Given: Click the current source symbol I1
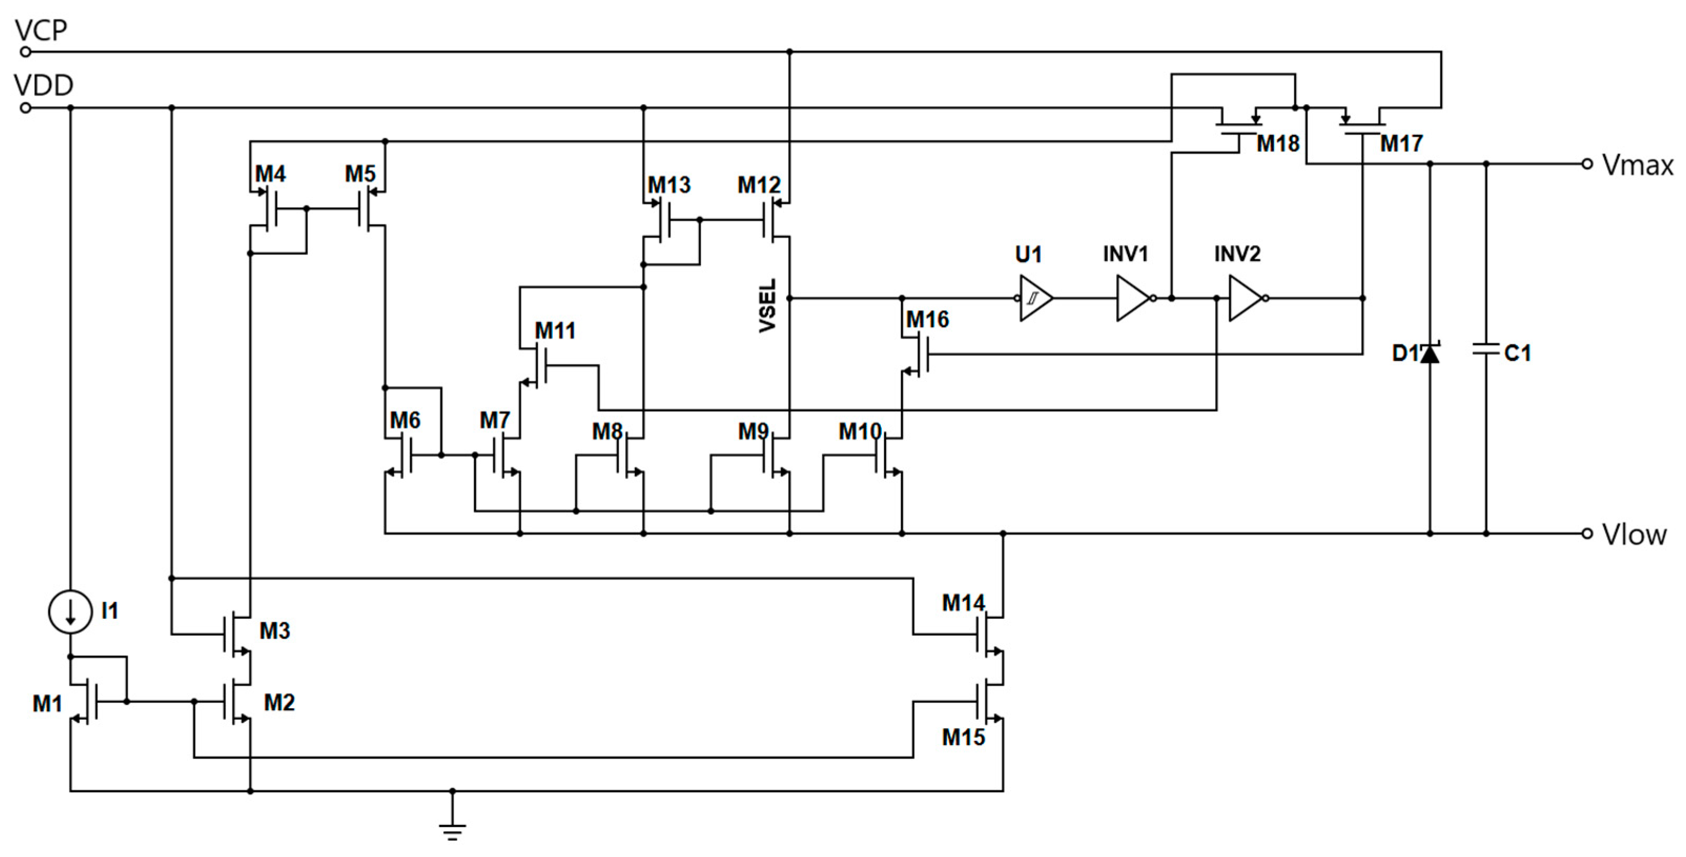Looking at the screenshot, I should tap(70, 611).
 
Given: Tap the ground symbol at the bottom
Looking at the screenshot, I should tap(453, 830).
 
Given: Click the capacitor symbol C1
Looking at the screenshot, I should tap(1486, 350).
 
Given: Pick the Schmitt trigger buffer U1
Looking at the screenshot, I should tap(1035, 299).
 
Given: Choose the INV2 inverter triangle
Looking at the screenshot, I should tap(1246, 299).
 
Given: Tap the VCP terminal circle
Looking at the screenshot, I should tap(26, 52).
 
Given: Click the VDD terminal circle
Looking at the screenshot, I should tap(26, 108).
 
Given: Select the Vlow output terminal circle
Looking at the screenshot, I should tap(1587, 534).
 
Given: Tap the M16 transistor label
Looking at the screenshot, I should tap(928, 320).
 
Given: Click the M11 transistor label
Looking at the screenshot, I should tap(555, 331).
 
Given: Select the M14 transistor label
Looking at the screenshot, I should tap(963, 603).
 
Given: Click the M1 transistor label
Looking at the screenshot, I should tap(47, 704).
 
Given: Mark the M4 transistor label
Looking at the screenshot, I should tap(270, 174).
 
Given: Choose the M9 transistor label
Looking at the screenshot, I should tap(753, 432).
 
